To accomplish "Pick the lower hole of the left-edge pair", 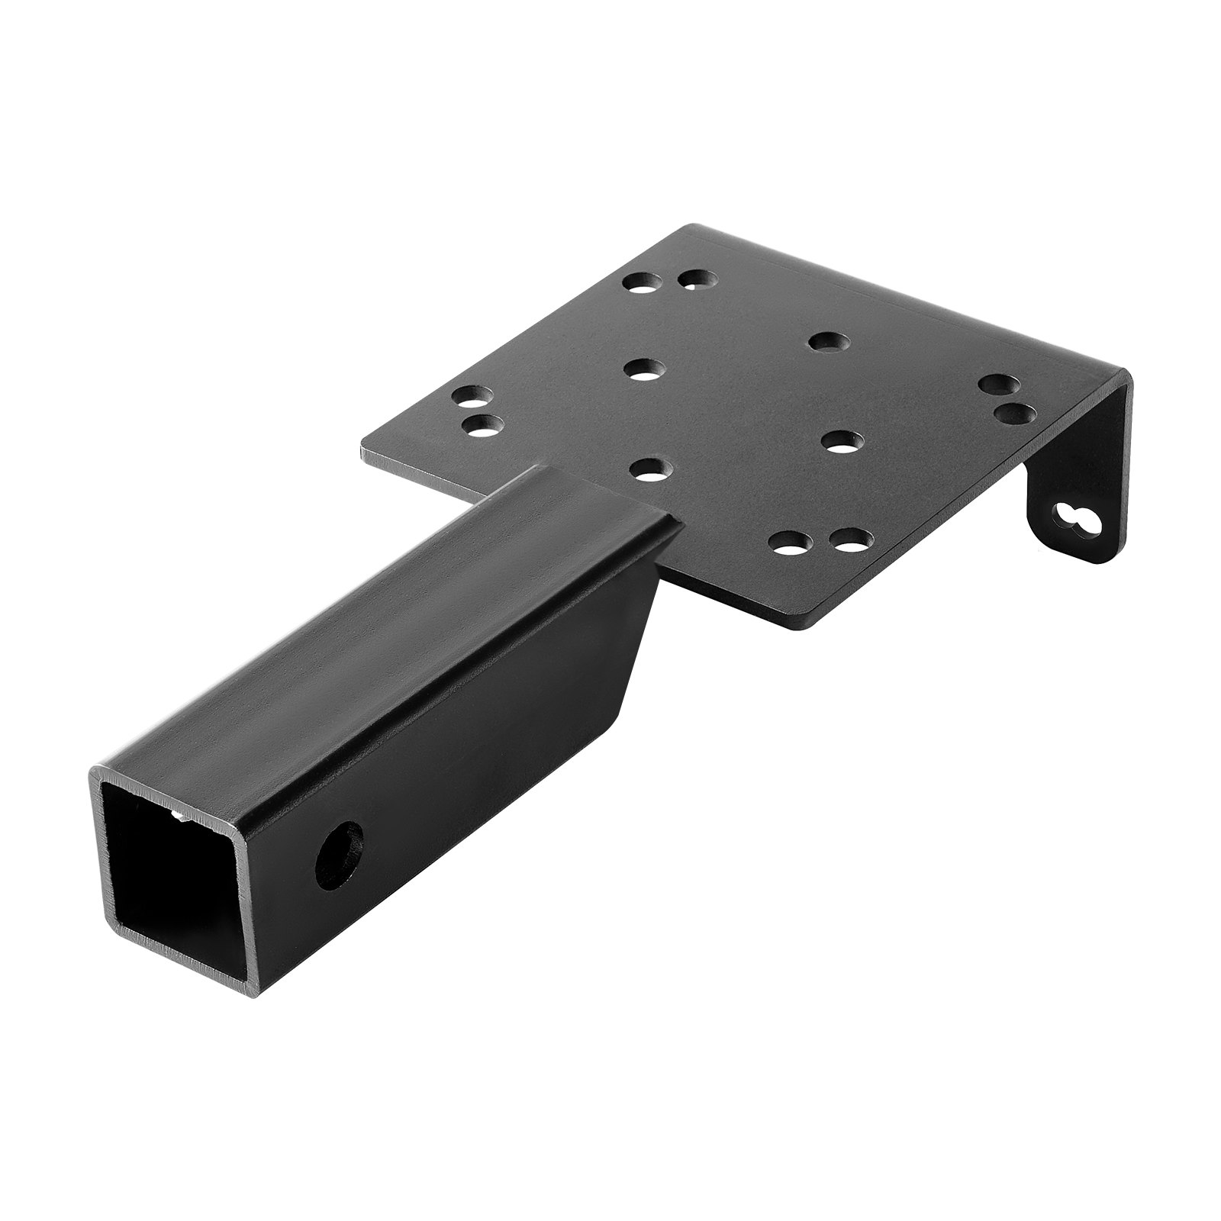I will tap(478, 425).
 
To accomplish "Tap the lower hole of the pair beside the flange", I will tap(1016, 414).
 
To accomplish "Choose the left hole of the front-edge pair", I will tap(788, 544).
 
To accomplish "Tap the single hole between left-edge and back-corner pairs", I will tap(643, 370).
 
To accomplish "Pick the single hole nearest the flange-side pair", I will tap(842, 440).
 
